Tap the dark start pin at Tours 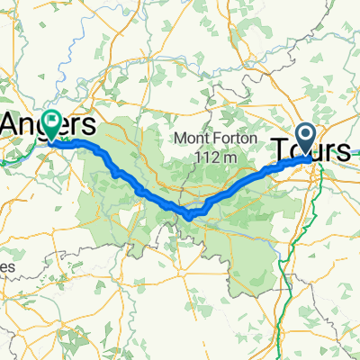(x=306, y=138)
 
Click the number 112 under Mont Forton (x=207, y=157)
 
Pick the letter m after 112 (x=230, y=157)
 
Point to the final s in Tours (x=343, y=152)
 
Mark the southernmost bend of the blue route (x=189, y=216)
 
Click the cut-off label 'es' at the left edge (x=7, y=267)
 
